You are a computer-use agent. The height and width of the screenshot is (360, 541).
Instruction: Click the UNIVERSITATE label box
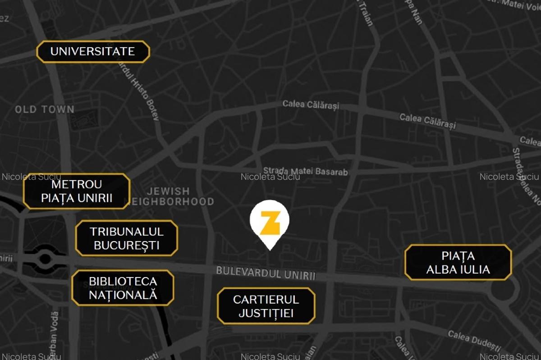coord(93,51)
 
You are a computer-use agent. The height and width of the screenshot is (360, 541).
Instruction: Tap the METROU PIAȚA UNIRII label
coord(77,191)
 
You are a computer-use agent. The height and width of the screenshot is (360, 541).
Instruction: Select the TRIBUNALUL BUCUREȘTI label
coord(127,238)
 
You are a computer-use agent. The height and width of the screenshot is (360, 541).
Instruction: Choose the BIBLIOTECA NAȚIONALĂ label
coord(123,288)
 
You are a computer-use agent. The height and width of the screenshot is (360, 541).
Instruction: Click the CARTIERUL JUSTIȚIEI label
coord(266,306)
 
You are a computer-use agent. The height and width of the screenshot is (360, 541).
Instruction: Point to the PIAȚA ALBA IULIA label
coord(458,263)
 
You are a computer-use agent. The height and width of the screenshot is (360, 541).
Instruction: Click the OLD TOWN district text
coord(44,109)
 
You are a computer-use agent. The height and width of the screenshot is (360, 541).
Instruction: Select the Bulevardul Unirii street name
coord(266,273)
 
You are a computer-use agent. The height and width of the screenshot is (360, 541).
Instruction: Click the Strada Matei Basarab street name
coord(305,171)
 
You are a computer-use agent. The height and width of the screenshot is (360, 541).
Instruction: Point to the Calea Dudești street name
coord(474,340)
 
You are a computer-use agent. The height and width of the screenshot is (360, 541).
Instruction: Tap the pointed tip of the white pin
coord(270,249)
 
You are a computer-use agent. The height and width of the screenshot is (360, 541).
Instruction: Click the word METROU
coord(77,184)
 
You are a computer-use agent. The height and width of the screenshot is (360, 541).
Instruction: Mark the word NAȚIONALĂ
coord(123,295)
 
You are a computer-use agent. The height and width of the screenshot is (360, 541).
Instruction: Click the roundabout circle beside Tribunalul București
coord(45,259)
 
